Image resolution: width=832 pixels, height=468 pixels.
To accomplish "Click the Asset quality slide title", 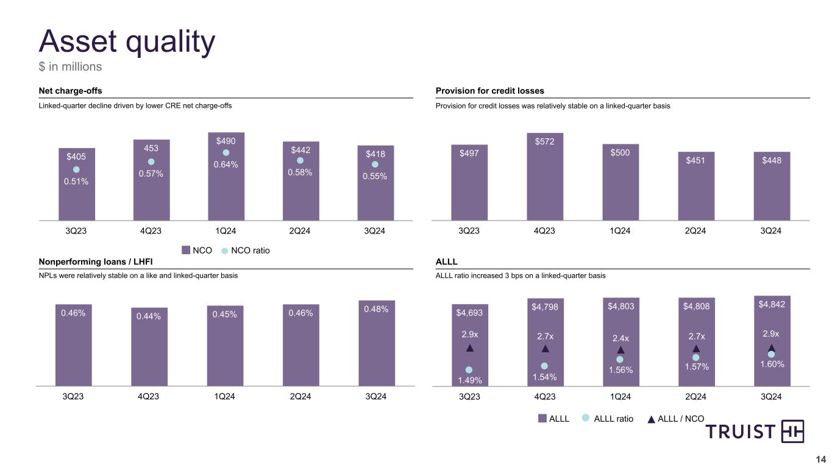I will (x=127, y=41).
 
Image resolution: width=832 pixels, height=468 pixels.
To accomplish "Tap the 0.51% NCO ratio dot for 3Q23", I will (x=77, y=169).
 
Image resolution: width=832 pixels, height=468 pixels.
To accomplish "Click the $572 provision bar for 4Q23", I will (x=545, y=183).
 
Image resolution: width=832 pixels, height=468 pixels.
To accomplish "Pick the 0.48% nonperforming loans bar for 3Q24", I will (x=376, y=347).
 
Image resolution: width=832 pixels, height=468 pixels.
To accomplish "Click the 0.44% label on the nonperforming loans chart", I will (x=149, y=315).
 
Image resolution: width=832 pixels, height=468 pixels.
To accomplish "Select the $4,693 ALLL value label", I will (x=469, y=313).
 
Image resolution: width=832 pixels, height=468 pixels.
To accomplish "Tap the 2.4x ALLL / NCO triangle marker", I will (x=620, y=350).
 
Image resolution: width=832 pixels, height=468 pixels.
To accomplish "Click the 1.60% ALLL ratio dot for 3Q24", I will (x=772, y=354).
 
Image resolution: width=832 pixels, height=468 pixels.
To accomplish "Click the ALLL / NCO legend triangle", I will (x=651, y=419).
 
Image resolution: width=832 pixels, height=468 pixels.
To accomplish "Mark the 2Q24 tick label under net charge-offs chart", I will (x=300, y=231).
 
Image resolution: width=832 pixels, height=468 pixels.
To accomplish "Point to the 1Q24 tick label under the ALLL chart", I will (x=620, y=397).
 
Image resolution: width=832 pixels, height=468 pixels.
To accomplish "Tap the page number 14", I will (x=820, y=459).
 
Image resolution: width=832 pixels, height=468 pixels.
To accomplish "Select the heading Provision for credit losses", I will (x=490, y=91).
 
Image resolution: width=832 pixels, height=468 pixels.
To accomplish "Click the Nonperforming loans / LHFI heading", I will (x=96, y=261).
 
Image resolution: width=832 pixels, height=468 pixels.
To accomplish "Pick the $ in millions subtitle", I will (x=70, y=66).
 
